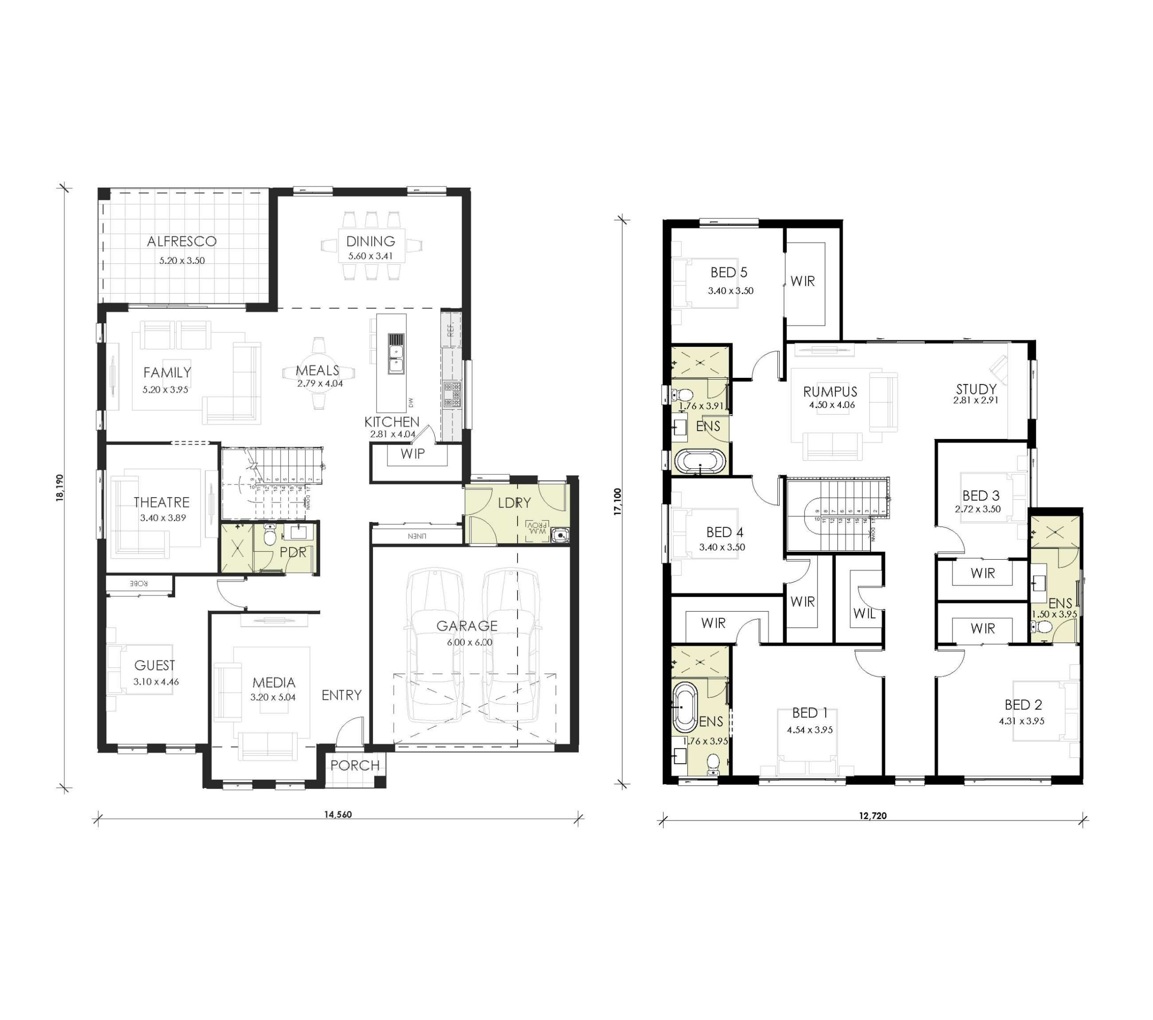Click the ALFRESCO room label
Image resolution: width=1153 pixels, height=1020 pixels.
pyautogui.click(x=182, y=241)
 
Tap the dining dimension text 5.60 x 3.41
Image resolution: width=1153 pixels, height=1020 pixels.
pyautogui.click(x=370, y=256)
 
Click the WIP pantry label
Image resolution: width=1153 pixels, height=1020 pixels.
pyautogui.click(x=413, y=453)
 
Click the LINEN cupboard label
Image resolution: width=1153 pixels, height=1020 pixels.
pyautogui.click(x=416, y=536)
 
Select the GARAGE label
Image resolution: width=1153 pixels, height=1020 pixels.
pyautogui.click(x=467, y=626)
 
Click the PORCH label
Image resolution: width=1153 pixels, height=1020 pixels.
pyautogui.click(x=355, y=766)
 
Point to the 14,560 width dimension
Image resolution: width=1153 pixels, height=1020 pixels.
pyautogui.click(x=337, y=814)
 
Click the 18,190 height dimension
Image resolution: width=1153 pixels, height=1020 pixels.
pyautogui.click(x=60, y=487)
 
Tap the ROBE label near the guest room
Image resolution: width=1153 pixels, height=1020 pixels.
pyautogui.click(x=139, y=583)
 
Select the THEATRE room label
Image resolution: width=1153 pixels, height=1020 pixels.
pyautogui.click(x=161, y=502)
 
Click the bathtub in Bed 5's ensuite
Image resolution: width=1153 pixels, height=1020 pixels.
pyautogui.click(x=700, y=462)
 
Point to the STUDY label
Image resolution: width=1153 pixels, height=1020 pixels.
pyautogui.click(x=976, y=389)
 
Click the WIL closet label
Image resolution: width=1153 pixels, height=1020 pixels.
pyautogui.click(x=864, y=613)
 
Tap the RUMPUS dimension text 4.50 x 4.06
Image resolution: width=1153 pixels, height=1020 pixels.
pyautogui.click(x=831, y=405)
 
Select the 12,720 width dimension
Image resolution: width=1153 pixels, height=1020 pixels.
pyautogui.click(x=873, y=815)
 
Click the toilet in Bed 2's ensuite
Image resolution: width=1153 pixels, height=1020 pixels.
pyautogui.click(x=1044, y=627)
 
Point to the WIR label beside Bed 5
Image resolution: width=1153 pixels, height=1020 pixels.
pyautogui.click(x=802, y=281)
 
